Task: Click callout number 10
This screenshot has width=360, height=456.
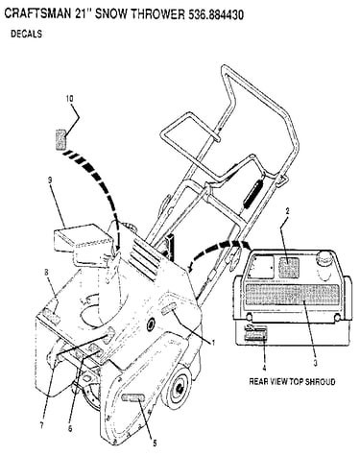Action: point(69,99)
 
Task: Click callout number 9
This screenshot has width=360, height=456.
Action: point(50,180)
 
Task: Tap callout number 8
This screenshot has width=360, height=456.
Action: point(46,273)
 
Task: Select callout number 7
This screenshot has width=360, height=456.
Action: point(41,426)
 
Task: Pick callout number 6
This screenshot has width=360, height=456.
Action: point(70,428)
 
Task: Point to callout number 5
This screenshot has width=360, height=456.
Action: point(155,444)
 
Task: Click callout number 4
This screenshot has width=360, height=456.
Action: point(264,369)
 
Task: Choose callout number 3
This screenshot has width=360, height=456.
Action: point(315,363)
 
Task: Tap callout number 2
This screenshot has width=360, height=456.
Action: point(287,211)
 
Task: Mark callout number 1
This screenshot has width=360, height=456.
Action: point(213,343)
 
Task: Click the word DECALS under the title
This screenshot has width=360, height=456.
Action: point(26,34)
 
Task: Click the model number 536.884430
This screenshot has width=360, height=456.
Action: point(215,14)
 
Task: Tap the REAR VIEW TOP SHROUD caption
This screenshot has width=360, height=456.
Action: point(292,381)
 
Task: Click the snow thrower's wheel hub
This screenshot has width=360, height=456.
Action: point(178,386)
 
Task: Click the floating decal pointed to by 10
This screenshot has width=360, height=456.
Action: point(60,139)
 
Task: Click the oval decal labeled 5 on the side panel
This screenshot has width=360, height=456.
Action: point(133,398)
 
